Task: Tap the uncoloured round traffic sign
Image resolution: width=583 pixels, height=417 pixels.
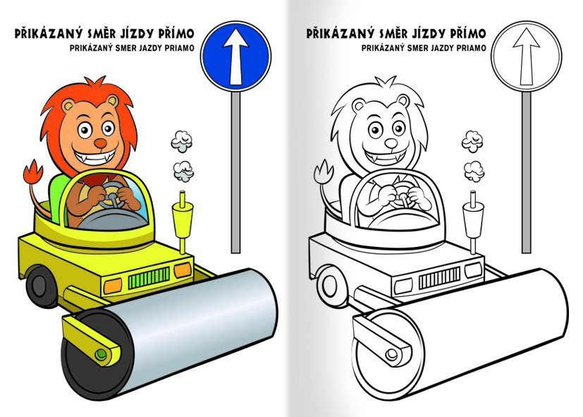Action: [527, 56]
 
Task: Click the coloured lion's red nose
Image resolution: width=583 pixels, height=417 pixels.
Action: [100, 143]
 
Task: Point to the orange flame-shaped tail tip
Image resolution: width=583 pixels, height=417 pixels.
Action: [33, 172]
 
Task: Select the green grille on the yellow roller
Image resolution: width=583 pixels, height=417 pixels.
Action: [149, 277]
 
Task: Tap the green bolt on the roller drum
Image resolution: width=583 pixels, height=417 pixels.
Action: [100, 354]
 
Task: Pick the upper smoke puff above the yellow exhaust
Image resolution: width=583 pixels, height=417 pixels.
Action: [182, 141]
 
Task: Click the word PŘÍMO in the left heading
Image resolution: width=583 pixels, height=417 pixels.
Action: [176, 33]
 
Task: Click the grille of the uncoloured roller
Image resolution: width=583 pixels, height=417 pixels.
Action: [439, 278]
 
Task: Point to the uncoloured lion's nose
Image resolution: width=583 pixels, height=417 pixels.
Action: [391, 143]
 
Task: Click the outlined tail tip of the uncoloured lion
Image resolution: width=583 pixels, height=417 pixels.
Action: [324, 172]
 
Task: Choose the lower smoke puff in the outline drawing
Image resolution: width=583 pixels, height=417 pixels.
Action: [474, 171]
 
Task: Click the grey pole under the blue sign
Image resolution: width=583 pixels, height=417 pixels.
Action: [235, 172]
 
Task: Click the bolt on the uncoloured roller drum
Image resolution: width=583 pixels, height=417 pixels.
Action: [391, 354]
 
